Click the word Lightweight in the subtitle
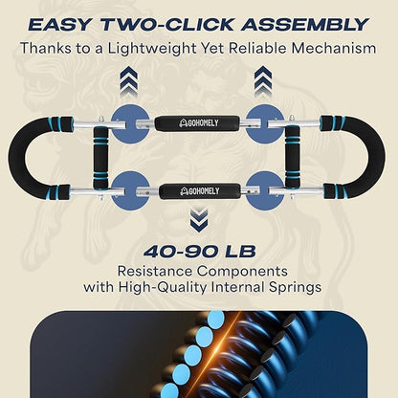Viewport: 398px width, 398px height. click(152, 49)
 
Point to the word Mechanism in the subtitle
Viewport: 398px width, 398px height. click(334, 49)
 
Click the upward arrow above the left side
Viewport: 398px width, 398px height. click(129, 79)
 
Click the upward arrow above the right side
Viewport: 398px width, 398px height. click(263, 79)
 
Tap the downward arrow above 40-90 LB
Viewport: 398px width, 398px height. click(199, 220)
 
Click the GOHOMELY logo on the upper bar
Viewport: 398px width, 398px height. click(199, 122)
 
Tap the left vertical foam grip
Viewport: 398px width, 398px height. click(100, 157)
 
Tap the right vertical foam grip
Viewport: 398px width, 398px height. click(293, 157)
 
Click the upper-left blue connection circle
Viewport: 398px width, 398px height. click(130, 123)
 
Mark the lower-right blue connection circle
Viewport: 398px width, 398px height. click(265, 190)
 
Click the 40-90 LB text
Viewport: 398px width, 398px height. click(200, 252)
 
